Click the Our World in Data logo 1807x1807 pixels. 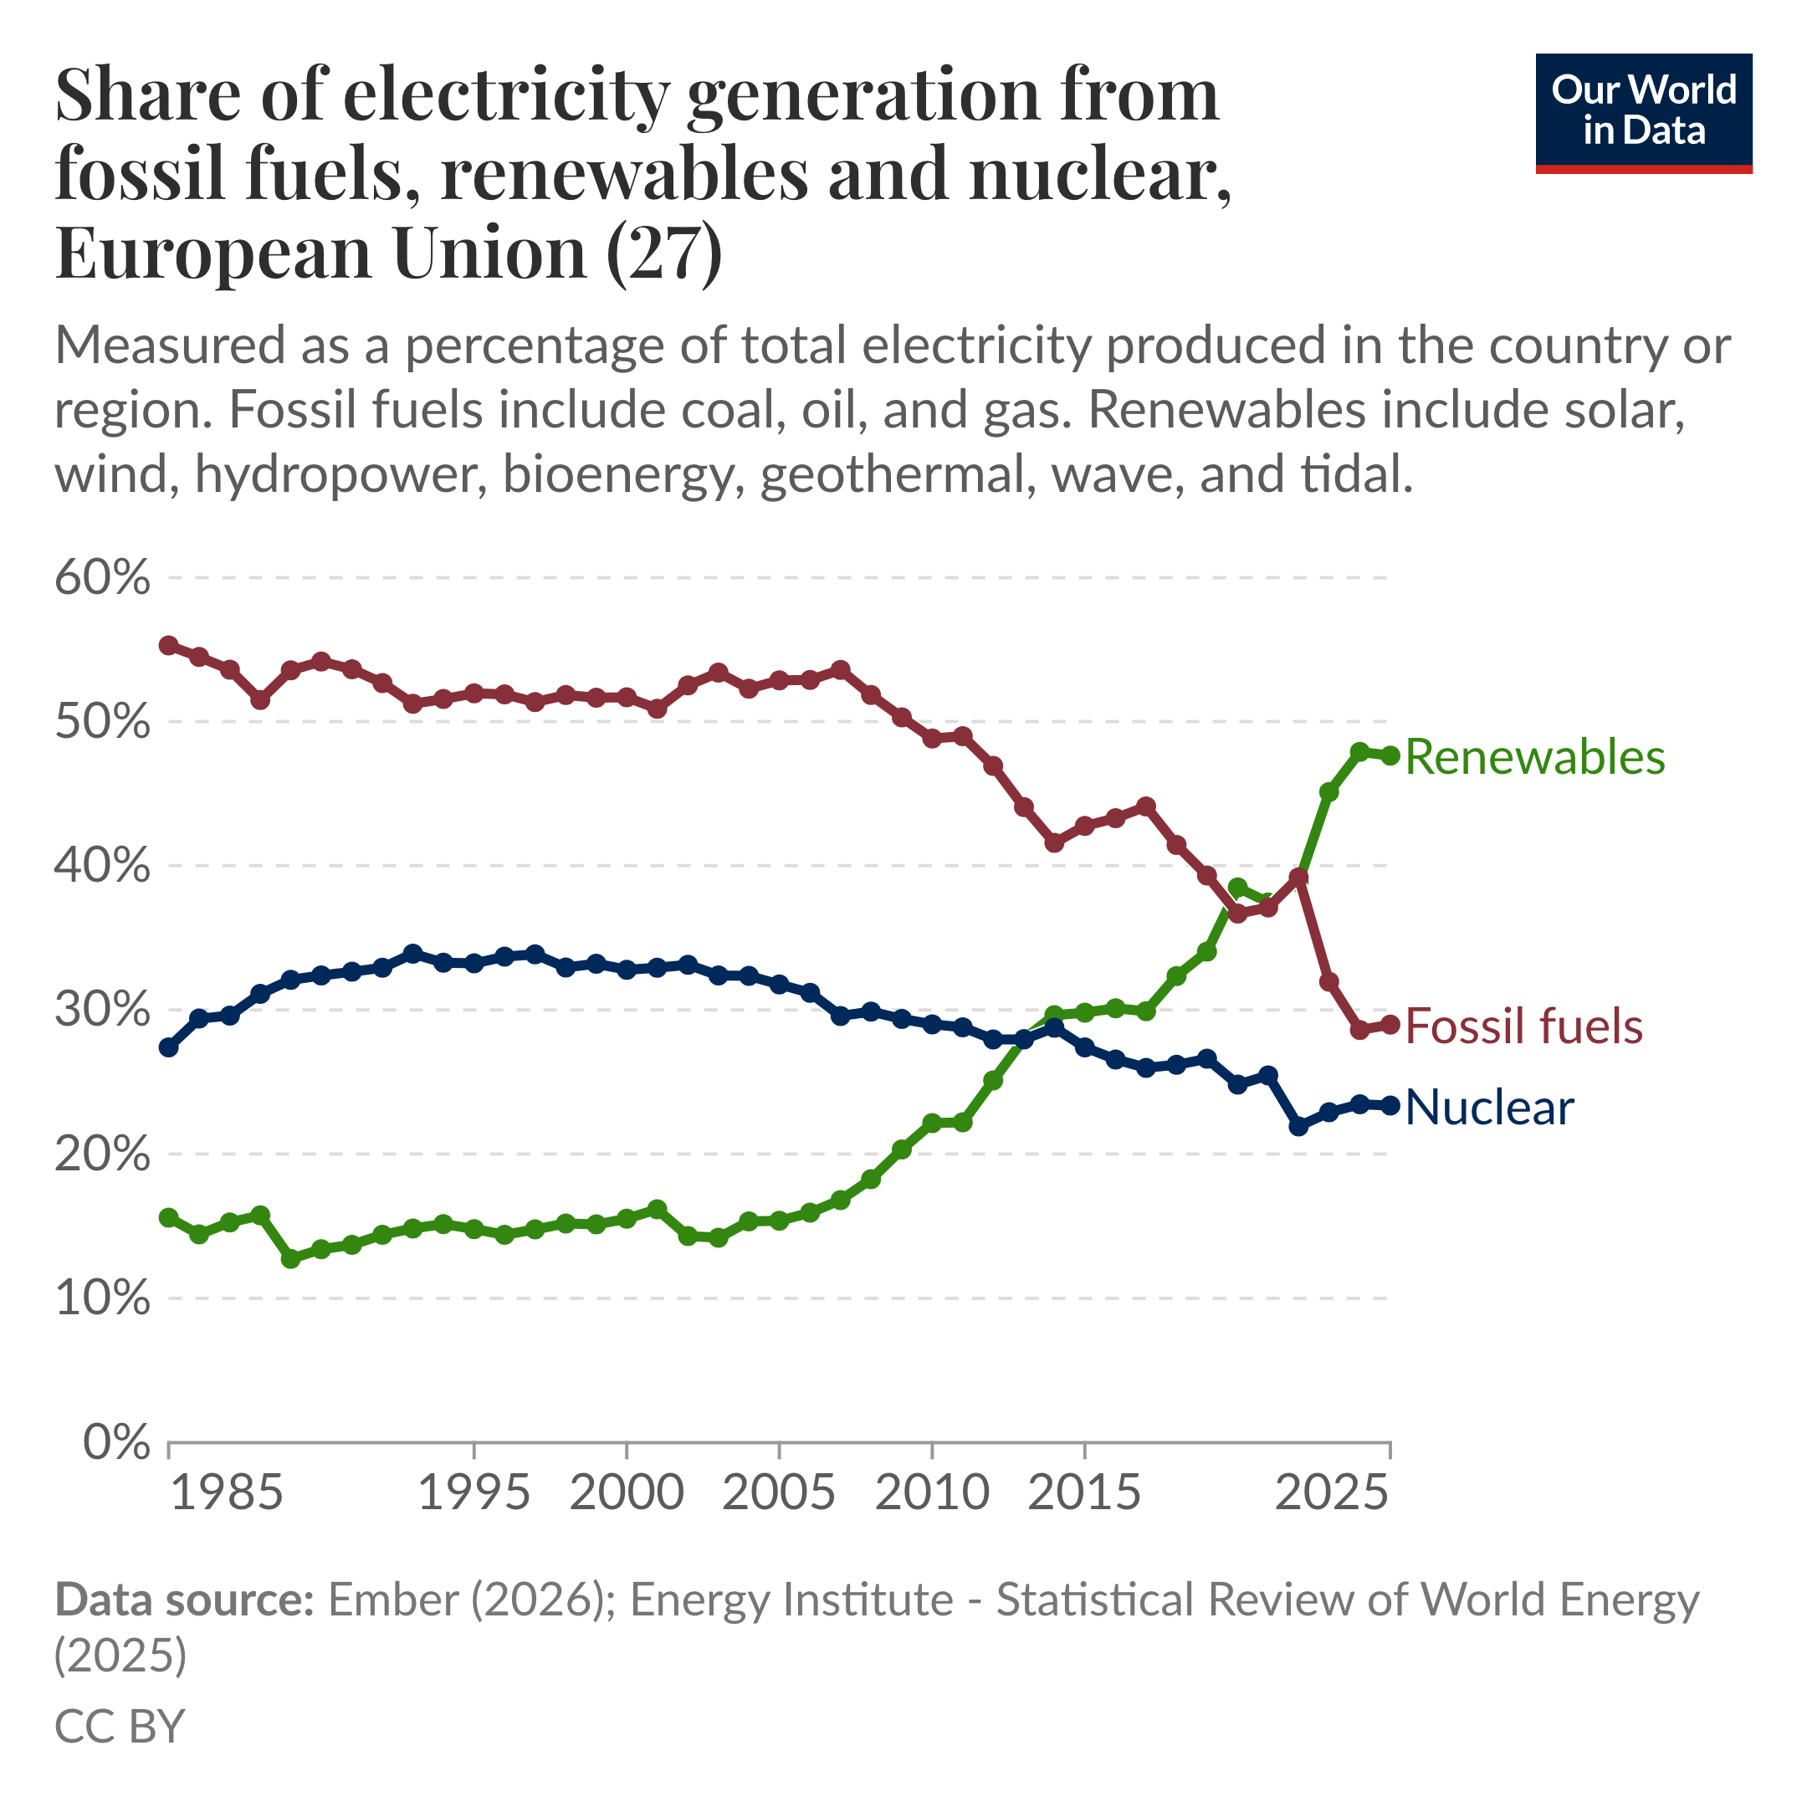pos(1643,113)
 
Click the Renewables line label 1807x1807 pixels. pos(1534,756)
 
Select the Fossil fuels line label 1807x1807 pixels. pos(1523,1026)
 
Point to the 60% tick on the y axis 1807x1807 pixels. pos(102,578)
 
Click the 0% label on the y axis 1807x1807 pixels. pos(116,1443)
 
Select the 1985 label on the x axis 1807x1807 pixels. pos(228,1492)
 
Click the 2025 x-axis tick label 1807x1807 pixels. pos(1332,1492)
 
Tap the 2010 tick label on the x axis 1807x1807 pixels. pos(932,1492)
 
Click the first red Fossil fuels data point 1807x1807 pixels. pos(168,645)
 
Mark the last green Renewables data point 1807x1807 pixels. pos(1390,755)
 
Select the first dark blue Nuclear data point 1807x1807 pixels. pos(168,1047)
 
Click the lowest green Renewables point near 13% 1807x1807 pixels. pos(291,1259)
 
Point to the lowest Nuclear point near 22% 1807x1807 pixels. pos(1298,1126)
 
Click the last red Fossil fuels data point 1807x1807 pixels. pos(1390,1024)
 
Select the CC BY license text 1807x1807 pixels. pos(120,1726)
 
